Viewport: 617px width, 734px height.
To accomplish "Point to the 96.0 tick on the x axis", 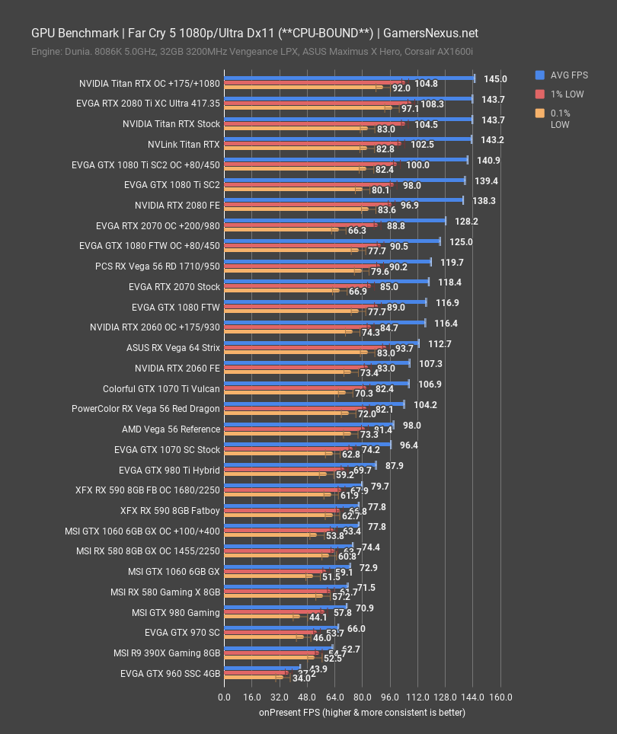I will pos(390,697).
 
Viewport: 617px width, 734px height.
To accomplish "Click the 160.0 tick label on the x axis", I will pos(500,697).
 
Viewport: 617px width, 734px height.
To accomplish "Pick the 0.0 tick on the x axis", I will pos(224,697).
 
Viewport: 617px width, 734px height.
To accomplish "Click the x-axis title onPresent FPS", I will pos(362,713).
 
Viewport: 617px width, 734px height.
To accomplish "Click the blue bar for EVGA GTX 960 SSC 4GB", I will pos(262,668).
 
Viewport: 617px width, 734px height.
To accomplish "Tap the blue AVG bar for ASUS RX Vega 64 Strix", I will pos(321,343).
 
